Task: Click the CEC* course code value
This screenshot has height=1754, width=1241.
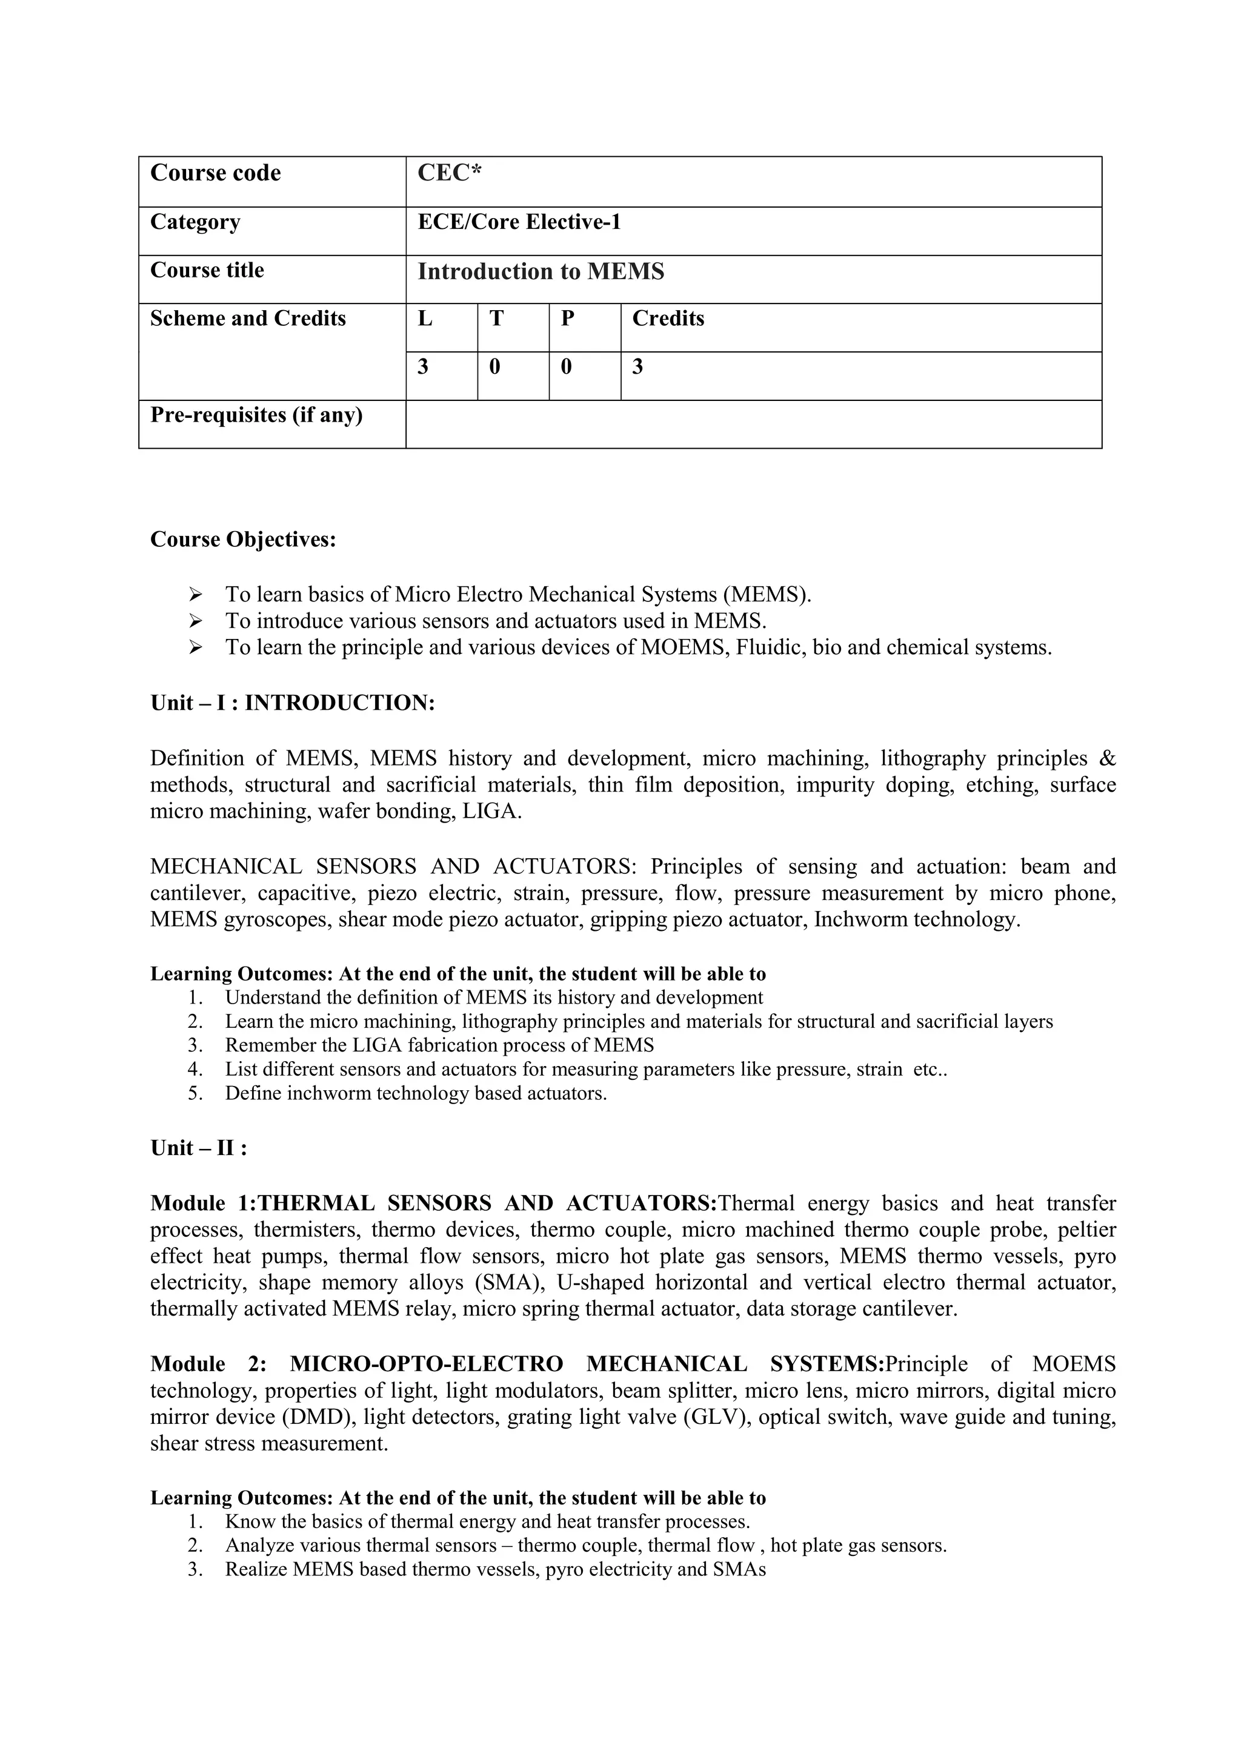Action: click(x=450, y=173)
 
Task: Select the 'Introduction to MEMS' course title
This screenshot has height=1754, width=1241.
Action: click(x=541, y=272)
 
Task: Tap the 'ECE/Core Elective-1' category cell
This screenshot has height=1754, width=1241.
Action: click(x=519, y=222)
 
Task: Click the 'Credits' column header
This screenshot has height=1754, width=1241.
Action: click(x=668, y=319)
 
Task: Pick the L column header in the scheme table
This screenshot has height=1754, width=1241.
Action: click(x=425, y=319)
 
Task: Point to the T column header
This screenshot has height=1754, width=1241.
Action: click(x=496, y=319)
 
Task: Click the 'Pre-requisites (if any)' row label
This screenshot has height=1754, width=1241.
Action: click(x=256, y=415)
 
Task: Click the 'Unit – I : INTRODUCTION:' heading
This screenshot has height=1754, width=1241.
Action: click(x=293, y=703)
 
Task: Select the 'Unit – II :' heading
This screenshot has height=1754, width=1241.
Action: click(x=199, y=1148)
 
